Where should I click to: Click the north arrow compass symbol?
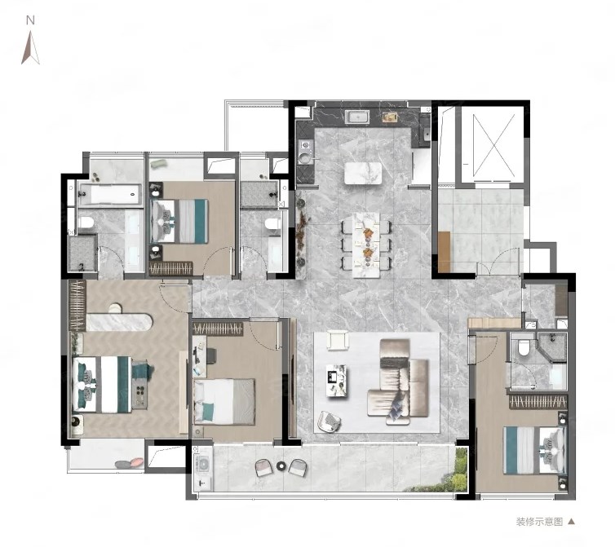30,48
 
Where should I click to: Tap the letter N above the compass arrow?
30,20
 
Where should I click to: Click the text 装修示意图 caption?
539,522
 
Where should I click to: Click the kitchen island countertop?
363,174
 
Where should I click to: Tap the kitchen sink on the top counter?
357,117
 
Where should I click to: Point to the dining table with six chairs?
366,245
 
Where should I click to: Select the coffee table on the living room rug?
337,381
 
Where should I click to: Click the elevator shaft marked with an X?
493,145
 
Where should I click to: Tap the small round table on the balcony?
281,466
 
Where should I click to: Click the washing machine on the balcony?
204,465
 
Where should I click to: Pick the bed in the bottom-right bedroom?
535,450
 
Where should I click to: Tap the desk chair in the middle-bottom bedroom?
210,355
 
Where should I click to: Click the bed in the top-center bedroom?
179,222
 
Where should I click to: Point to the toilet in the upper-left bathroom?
86,223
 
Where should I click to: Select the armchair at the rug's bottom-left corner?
329,421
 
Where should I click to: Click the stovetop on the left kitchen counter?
305,152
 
